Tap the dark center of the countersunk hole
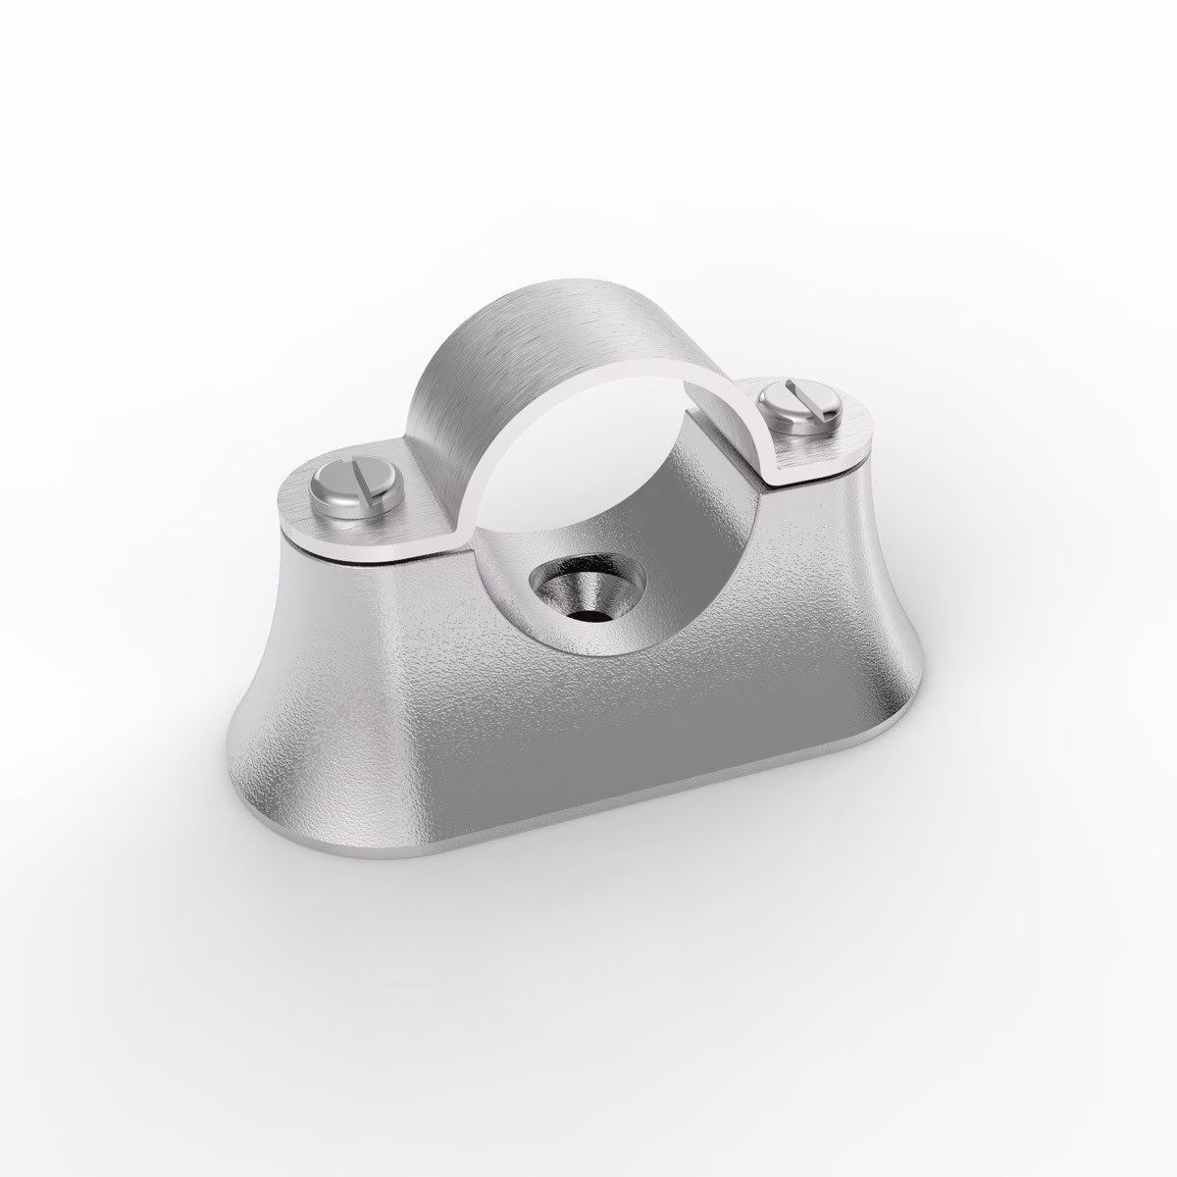coord(586,615)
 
